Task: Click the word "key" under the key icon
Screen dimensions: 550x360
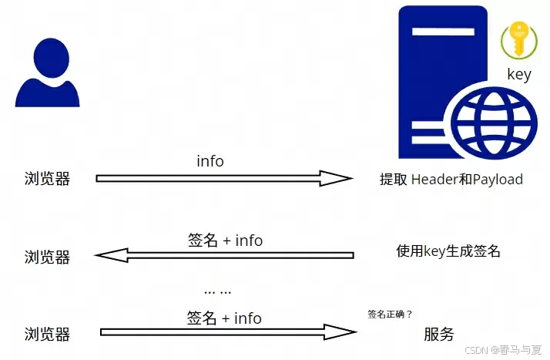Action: coord(519,75)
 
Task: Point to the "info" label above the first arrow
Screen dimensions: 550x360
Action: coord(210,161)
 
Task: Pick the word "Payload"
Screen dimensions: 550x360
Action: coord(498,180)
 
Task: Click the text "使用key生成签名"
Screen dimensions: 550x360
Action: coord(448,251)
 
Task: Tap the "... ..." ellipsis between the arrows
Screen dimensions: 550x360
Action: coord(219,291)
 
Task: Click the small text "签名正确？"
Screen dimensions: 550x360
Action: coord(390,314)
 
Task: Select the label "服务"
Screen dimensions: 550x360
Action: coord(439,335)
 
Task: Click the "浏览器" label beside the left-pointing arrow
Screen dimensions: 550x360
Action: coord(47,257)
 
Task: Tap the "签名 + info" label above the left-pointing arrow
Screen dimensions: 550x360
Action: coord(225,241)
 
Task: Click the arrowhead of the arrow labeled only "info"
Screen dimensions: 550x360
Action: coord(337,179)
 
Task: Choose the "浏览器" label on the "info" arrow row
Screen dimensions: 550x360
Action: coord(47,179)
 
